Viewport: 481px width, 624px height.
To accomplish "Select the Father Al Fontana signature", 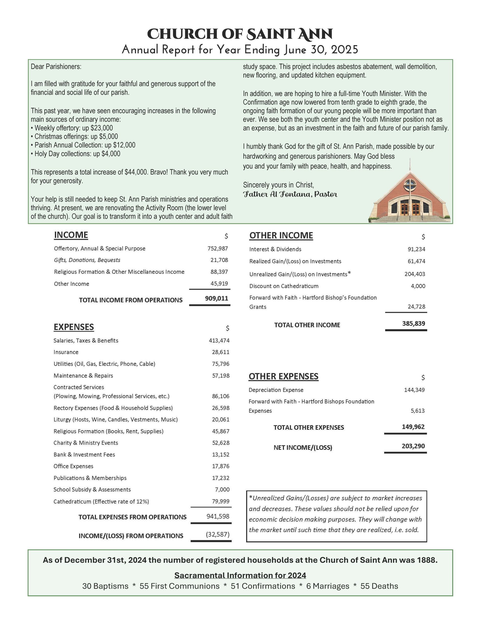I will [290, 194].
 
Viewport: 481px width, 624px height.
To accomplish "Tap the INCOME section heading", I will [71, 235].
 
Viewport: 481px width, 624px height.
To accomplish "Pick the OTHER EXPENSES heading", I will [283, 376].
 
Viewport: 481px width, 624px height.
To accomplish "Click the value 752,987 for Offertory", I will [218, 249].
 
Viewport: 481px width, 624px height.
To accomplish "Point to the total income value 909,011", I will [217, 298].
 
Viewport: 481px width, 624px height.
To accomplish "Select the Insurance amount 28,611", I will [220, 352].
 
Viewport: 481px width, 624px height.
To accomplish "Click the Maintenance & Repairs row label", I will [83, 375].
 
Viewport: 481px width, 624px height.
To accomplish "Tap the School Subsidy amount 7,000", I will [222, 489].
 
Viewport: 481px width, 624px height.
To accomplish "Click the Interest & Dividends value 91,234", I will [416, 249].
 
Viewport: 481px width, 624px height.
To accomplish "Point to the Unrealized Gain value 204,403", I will [414, 274].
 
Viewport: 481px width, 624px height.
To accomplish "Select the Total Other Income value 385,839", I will [413, 323].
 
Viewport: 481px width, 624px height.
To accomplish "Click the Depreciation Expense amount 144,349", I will [414, 390].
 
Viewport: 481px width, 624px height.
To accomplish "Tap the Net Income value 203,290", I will [413, 446].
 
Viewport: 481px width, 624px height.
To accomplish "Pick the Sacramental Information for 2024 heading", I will [240, 575].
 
